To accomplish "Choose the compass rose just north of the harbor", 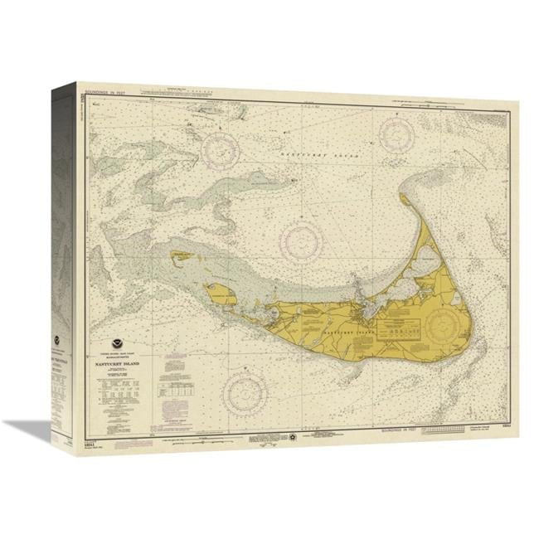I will point(300,240).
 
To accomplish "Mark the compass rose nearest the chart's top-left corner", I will point(221,149).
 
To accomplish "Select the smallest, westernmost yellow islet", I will point(181,255).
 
